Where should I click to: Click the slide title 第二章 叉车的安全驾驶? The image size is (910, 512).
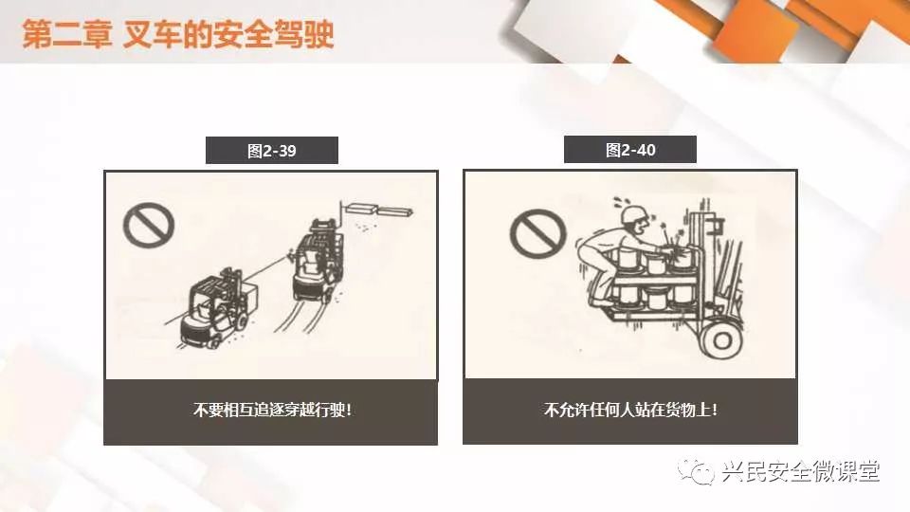(178, 34)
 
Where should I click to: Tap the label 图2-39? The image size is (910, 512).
(272, 151)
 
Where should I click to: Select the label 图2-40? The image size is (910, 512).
(630, 151)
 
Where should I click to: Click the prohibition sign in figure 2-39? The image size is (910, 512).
(149, 226)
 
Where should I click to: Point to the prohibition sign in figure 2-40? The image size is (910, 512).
(538, 233)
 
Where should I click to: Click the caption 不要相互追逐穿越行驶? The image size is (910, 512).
(272, 410)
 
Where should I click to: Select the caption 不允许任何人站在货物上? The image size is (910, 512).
(630, 410)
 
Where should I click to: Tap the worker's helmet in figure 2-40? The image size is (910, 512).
(634, 213)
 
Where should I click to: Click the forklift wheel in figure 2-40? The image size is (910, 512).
(722, 339)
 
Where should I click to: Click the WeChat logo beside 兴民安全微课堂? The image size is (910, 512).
(696, 471)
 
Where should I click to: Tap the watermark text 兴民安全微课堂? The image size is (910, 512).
(801, 471)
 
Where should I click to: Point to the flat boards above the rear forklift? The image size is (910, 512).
(378, 209)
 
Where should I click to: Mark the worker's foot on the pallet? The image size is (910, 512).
(600, 302)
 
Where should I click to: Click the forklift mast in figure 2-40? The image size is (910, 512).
(705, 262)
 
